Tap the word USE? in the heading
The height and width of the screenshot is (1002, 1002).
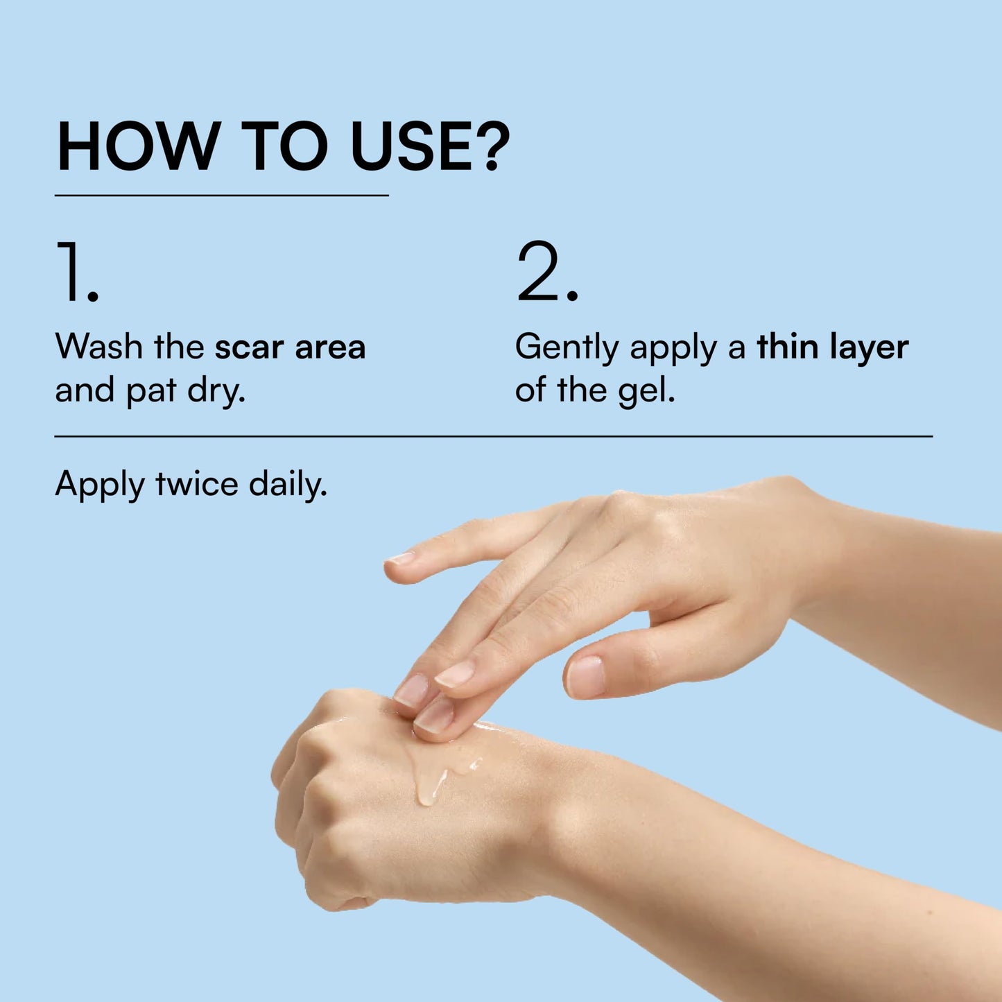(430, 147)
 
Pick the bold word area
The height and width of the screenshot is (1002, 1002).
(330, 347)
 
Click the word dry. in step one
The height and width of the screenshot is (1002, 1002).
(216, 390)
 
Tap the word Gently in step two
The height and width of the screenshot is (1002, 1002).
(567, 347)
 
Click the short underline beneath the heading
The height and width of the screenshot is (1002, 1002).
(221, 196)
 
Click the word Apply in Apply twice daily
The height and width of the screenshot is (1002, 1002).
(99, 485)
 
